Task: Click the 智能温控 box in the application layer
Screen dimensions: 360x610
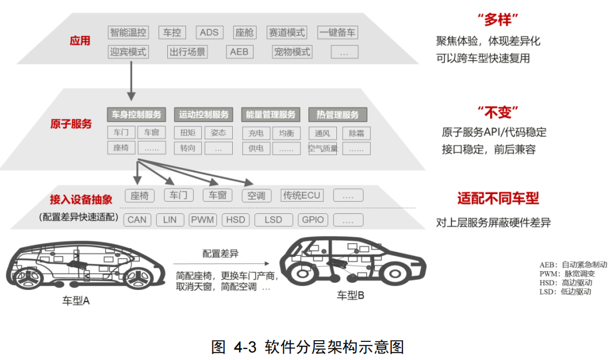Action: [128, 32]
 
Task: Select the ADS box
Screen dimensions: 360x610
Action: [208, 32]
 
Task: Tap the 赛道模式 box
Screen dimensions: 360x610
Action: [287, 32]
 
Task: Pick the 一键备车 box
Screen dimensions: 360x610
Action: [337, 32]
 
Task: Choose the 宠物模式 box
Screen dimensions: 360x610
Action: [292, 52]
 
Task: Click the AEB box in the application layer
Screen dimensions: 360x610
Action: [239, 52]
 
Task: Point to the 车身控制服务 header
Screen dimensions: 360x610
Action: [137, 115]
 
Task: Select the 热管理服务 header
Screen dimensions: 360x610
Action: [337, 115]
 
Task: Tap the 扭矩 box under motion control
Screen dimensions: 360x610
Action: [188, 133]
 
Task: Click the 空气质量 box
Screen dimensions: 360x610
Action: [322, 148]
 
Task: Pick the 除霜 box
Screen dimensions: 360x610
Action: [356, 133]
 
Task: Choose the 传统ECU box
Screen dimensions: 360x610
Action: [302, 195]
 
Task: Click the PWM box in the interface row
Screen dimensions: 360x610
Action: [203, 220]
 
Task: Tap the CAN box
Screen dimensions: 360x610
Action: [137, 220]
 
